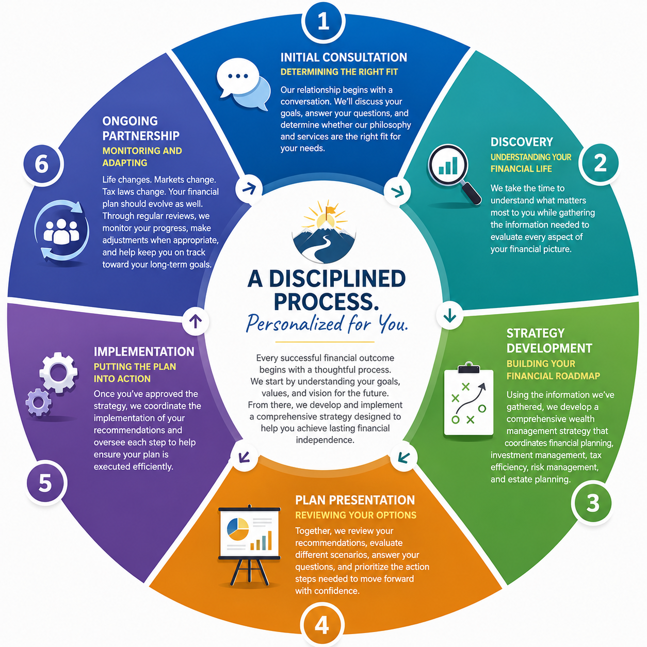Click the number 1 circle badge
(x=323, y=21)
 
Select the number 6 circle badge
(x=42, y=164)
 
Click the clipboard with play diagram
(x=468, y=399)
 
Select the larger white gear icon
(x=58, y=373)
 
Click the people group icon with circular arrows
(x=61, y=231)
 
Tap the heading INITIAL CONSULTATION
(x=344, y=57)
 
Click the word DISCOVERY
(x=522, y=142)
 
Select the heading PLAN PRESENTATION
(x=355, y=500)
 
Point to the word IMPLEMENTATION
(x=144, y=351)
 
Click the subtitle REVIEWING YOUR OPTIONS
(x=355, y=515)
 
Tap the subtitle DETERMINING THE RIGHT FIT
(x=339, y=72)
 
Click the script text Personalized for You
(x=327, y=323)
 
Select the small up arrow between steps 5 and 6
(x=196, y=321)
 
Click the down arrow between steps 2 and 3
(x=449, y=315)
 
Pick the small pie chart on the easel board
(x=238, y=529)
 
